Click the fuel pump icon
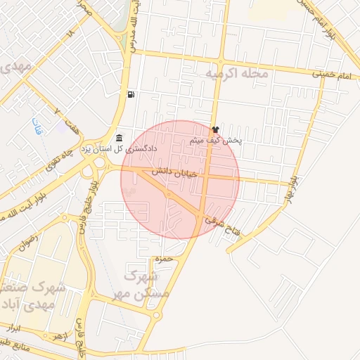(x=131, y=94)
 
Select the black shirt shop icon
(x=215, y=129)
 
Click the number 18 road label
(x=70, y=33)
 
